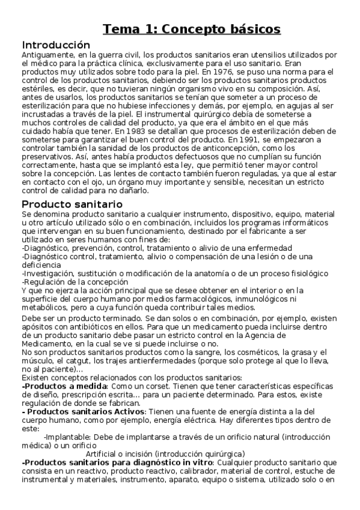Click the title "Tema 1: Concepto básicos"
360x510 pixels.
pyautogui.click(x=191, y=29)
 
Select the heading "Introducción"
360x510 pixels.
pyautogui.click(x=56, y=45)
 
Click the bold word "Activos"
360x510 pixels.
pyautogui.click(x=130, y=411)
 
